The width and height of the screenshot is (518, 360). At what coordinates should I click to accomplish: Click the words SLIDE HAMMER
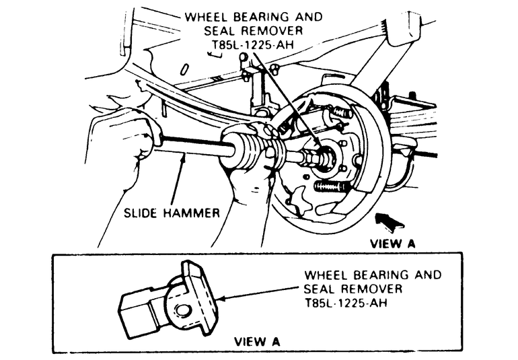(x=171, y=213)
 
